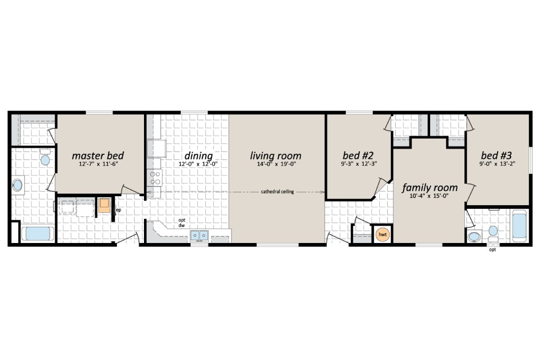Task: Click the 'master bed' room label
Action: tap(98, 156)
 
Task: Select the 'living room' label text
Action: tap(276, 156)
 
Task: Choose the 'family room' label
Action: tap(429, 187)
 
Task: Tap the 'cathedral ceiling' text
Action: tap(277, 192)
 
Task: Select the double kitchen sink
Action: tap(198, 235)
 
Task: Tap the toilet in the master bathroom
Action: tap(45, 158)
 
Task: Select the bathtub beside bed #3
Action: tap(519, 228)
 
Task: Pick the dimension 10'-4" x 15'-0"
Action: tap(429, 196)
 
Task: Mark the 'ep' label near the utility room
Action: tap(119, 210)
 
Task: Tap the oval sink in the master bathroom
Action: tap(18, 185)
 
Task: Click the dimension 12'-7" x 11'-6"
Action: tap(98, 164)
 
